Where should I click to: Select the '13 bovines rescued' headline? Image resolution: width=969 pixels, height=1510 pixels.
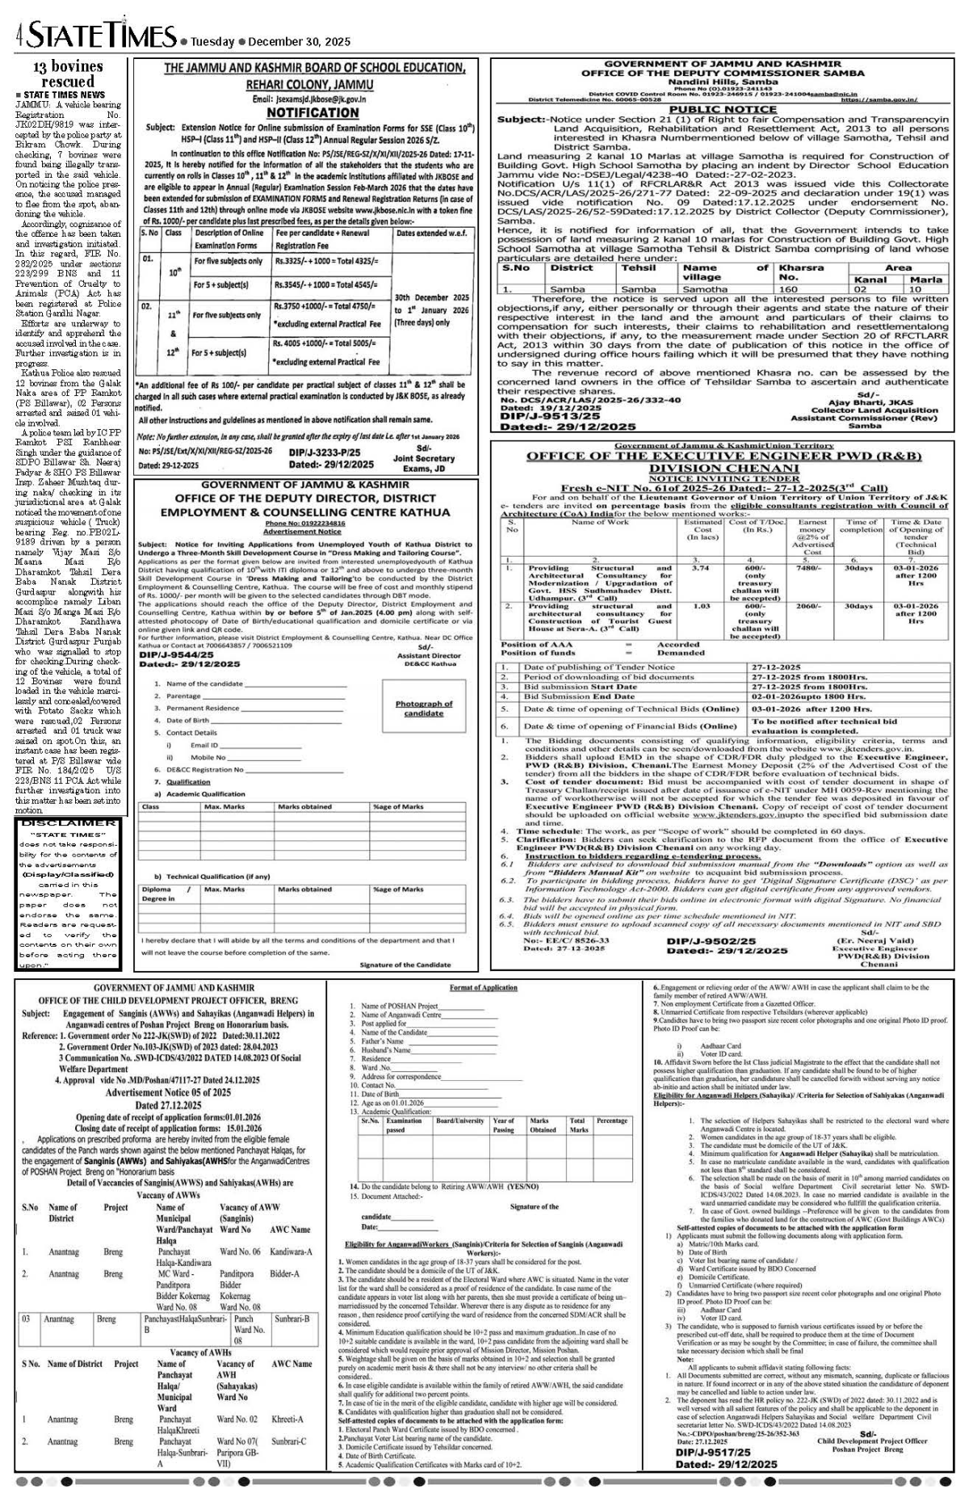(x=68, y=74)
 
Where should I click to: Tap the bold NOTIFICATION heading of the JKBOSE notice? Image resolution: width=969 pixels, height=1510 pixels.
(x=312, y=112)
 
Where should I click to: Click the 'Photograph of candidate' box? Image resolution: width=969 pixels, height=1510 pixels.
(x=424, y=708)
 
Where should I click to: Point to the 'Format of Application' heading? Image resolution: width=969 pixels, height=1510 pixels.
(x=484, y=988)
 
